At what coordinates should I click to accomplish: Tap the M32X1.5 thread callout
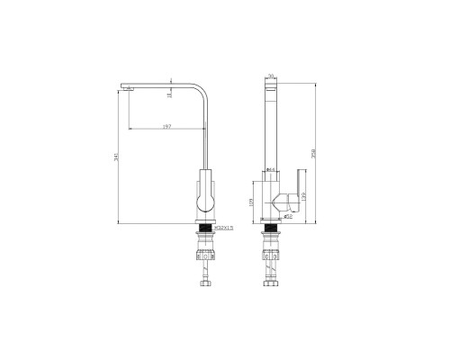pos(223,229)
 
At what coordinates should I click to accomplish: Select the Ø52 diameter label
pos(289,216)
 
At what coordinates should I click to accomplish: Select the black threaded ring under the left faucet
pos(205,229)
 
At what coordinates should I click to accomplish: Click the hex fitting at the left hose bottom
pos(206,285)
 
